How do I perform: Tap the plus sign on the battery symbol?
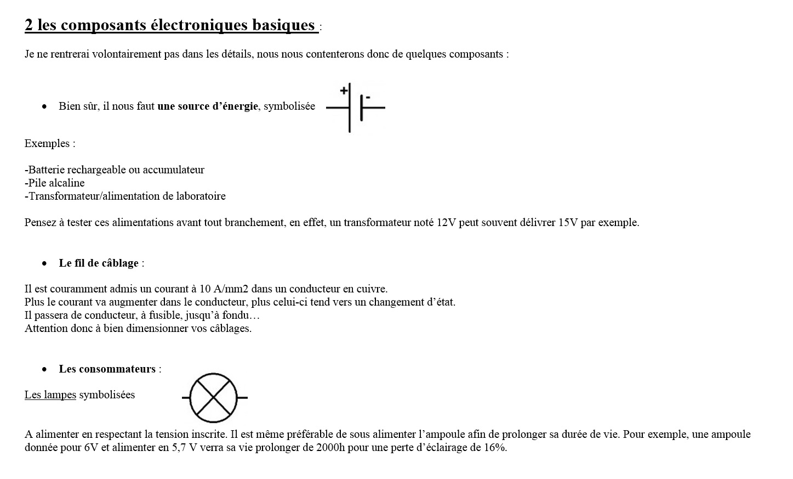344,91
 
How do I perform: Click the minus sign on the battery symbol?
368,97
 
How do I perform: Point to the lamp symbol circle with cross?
213,397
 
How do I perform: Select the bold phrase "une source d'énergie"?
207,106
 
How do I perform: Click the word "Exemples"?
47,144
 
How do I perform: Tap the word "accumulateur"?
174,170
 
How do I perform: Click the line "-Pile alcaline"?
55,183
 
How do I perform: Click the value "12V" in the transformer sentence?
447,223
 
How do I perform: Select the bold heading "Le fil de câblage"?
99,263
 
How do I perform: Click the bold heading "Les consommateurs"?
107,369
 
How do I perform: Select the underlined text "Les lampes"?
50,395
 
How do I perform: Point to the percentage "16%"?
495,447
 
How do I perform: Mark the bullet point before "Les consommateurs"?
44,369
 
